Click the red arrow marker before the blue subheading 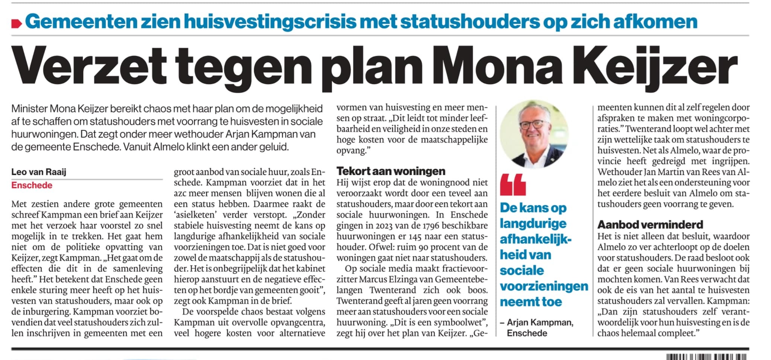(x=17, y=23)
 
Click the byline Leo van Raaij (x=39, y=172)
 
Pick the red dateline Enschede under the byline (x=32, y=185)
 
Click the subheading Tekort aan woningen (x=391, y=171)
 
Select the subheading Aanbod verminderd (x=650, y=225)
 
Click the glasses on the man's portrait (x=534, y=124)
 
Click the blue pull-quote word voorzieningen (x=544, y=286)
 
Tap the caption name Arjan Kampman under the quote (x=540, y=323)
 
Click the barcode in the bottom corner (x=706, y=357)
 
